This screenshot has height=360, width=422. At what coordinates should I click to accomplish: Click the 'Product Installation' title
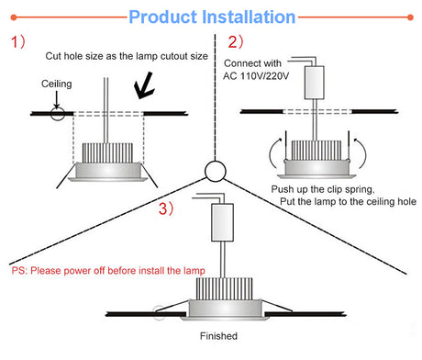pos(212,17)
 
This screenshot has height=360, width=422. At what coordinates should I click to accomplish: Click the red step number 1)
pos(18,41)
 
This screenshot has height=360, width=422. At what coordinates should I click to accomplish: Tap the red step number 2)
pos(236,42)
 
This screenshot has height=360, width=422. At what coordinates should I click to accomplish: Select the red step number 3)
pos(166,208)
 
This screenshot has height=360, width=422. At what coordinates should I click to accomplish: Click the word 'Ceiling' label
pos(57,84)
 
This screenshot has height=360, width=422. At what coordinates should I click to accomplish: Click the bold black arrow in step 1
pos(144,86)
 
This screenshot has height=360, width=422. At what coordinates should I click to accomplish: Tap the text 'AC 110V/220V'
pos(256,76)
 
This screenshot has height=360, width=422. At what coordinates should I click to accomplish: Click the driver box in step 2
pos(315,83)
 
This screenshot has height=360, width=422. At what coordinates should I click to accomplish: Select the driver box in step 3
pos(223,222)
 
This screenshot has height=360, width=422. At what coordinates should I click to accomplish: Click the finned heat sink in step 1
pos(107,153)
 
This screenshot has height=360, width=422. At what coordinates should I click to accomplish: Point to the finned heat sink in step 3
pos(224,289)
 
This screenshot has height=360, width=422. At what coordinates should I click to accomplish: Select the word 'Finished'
pos(218,336)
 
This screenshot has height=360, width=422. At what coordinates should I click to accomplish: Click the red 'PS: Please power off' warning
pos(108,271)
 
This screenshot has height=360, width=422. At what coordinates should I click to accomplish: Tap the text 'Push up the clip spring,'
pos(323,189)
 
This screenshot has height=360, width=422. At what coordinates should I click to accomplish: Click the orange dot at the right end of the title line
pos(410,17)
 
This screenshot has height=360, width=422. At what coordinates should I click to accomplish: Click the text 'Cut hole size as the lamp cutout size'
pos(127,56)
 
